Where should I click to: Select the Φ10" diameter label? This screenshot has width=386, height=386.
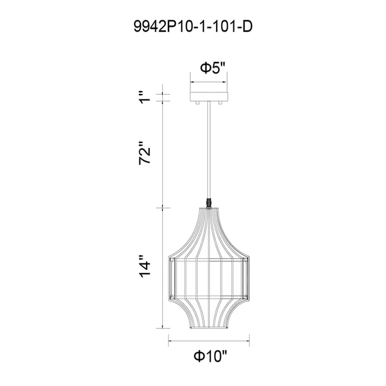coord(209,357)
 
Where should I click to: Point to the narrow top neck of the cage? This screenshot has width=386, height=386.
coord(208,209)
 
